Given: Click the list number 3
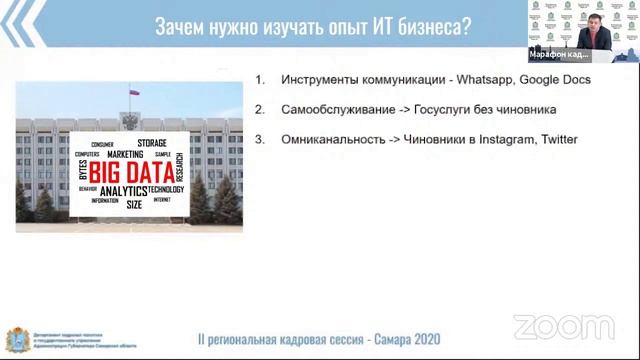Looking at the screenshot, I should click(259, 139).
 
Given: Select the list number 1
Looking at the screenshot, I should click(259, 79).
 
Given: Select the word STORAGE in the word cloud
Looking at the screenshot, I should click(153, 143).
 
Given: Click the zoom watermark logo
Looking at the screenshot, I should click(563, 326).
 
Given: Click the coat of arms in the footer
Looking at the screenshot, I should click(13, 339).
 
